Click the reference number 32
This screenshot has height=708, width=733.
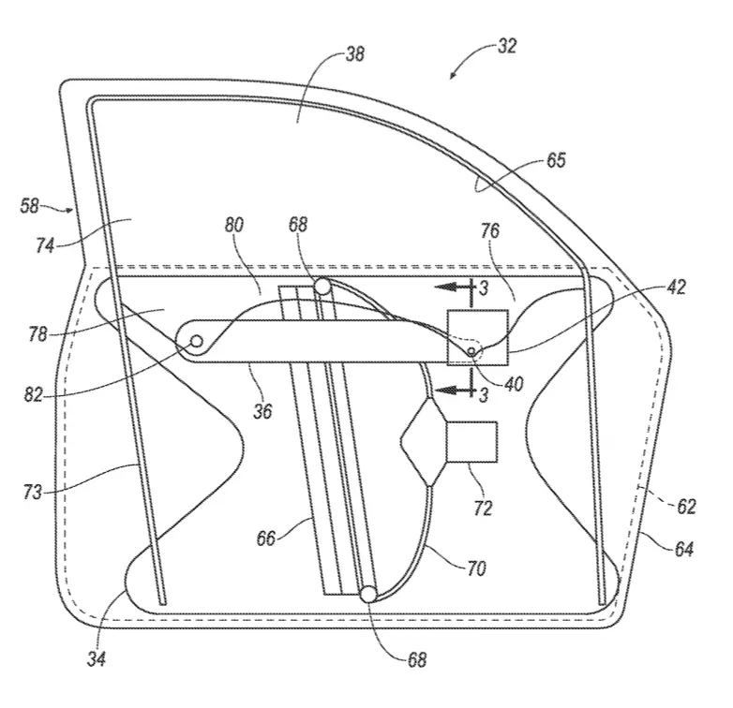point(507,46)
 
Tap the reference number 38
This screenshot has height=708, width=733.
point(355,54)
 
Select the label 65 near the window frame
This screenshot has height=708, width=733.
point(556,160)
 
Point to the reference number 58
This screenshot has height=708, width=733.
point(29,206)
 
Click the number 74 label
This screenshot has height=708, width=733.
point(45,245)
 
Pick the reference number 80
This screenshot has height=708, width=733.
point(234,225)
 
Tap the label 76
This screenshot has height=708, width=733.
point(490,230)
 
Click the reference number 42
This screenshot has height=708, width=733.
point(676,287)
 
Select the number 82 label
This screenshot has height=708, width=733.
point(33,395)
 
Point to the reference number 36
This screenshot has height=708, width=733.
point(262,411)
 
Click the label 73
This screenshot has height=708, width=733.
point(33,492)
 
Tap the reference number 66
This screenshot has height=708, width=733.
point(266,538)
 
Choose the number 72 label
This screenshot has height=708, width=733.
point(483,509)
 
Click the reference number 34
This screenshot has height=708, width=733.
point(97,658)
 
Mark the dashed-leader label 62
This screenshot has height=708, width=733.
point(686,507)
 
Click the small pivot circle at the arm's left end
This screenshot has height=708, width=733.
point(197,342)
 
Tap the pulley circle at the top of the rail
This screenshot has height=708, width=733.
point(322,286)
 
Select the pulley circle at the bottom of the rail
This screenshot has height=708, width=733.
point(368,595)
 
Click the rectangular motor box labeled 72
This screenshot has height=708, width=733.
point(472,442)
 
